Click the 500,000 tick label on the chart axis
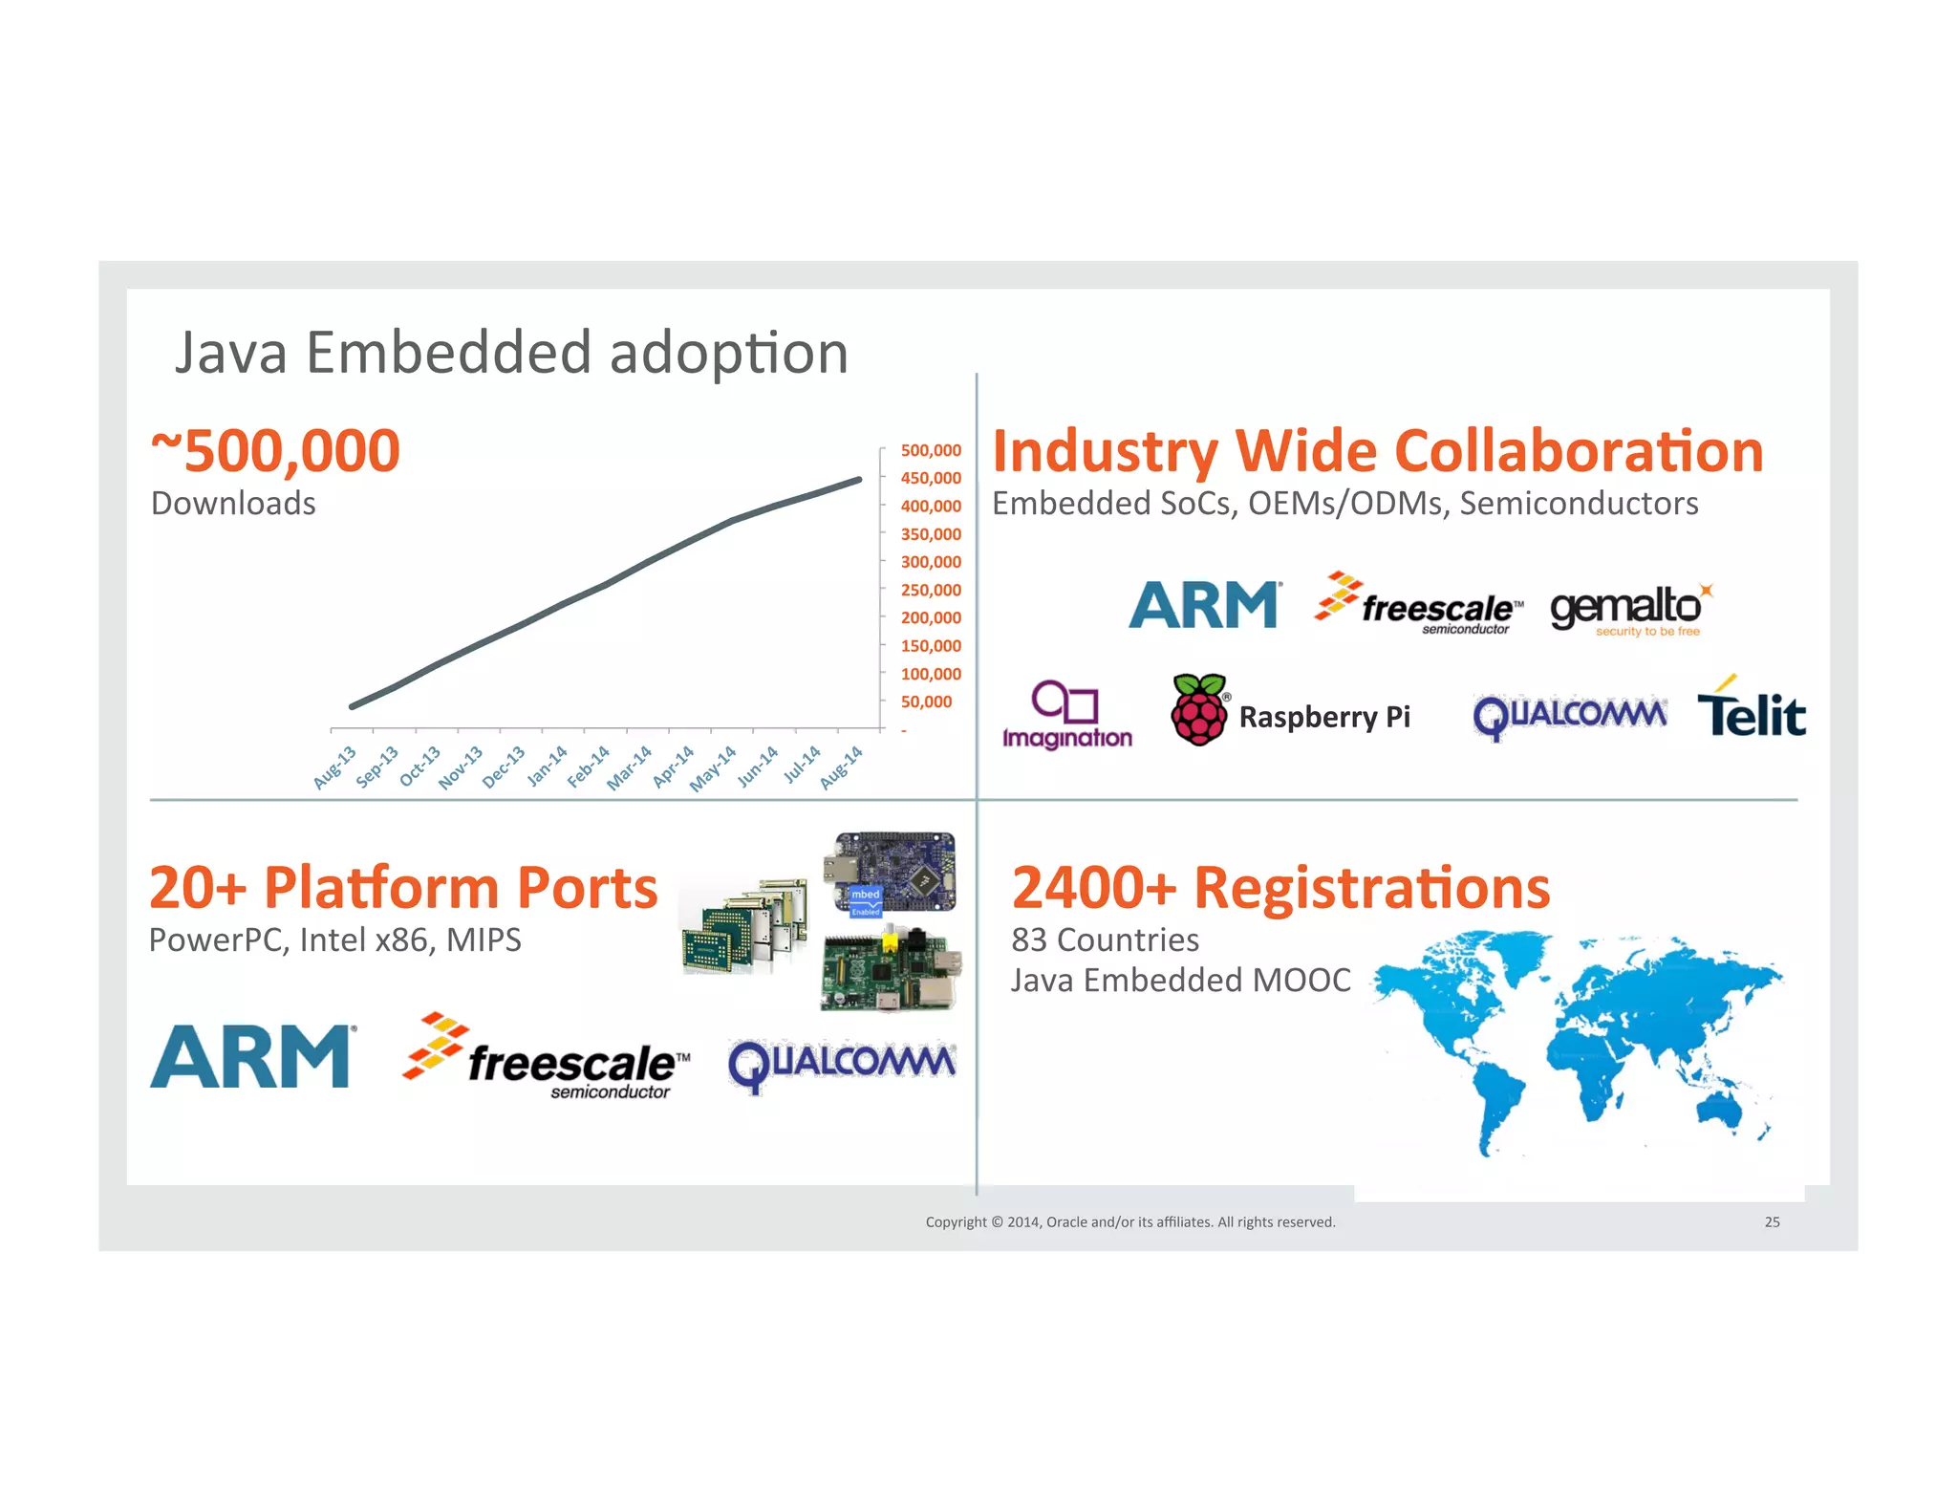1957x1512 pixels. tap(930, 450)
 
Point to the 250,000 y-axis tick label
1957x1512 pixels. tap(930, 590)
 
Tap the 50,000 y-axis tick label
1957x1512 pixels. tap(926, 702)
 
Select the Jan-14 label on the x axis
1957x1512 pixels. tap(548, 766)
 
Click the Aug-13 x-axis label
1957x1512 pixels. tap(334, 767)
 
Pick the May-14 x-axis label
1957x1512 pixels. tap(713, 768)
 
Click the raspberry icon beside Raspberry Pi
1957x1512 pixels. tap(1199, 709)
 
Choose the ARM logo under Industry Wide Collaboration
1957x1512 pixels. tap(1204, 605)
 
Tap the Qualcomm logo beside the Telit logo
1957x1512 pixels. tap(1569, 716)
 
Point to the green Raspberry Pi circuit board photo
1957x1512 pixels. tap(890, 969)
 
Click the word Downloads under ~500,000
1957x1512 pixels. tap(233, 504)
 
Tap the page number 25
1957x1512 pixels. tap(1772, 1222)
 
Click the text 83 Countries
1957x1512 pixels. tap(1105, 940)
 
